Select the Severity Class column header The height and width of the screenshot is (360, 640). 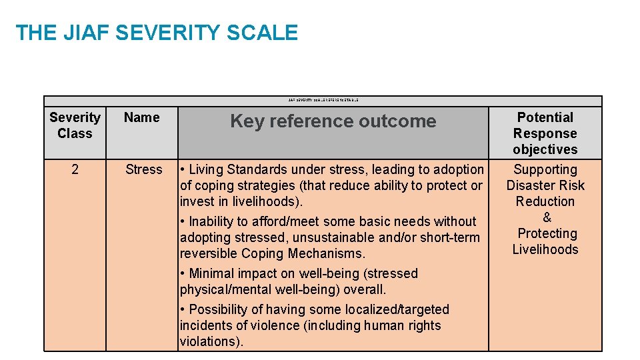pyautogui.click(x=75, y=125)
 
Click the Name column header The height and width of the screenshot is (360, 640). pyautogui.click(x=142, y=118)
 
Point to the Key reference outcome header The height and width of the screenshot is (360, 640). pyautogui.click(x=333, y=121)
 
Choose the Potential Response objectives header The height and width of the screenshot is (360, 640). pyautogui.click(x=545, y=133)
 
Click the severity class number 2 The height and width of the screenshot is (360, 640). pyautogui.click(x=75, y=169)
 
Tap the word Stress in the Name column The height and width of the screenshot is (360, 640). pyautogui.click(x=143, y=169)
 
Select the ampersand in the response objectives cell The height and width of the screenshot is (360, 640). pyautogui.click(x=547, y=217)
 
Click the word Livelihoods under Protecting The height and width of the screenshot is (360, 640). pyautogui.click(x=545, y=249)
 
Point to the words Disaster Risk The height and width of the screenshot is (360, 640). pyautogui.click(x=545, y=185)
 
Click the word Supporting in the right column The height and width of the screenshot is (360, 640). pyautogui.click(x=545, y=169)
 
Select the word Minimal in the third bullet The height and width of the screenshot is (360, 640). pyautogui.click(x=213, y=273)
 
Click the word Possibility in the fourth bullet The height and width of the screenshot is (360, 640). pyautogui.click(x=219, y=309)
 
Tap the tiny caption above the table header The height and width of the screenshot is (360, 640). pyautogui.click(x=323, y=100)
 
